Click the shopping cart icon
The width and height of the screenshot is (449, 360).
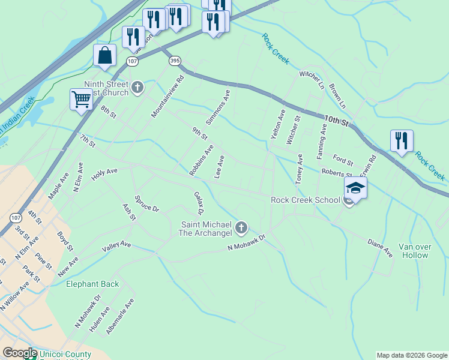81,99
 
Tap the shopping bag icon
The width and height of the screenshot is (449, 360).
104,55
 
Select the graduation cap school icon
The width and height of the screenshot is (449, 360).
355,188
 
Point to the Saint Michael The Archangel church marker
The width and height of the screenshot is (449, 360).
241,227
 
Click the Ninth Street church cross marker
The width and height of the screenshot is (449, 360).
137,88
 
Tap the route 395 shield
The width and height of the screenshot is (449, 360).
175,61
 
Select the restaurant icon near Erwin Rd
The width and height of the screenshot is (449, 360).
402,141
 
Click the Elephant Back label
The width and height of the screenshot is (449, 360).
92,284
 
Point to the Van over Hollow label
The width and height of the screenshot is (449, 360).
414,251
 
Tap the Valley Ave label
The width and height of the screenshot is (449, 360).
116,245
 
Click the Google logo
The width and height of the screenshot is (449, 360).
20,353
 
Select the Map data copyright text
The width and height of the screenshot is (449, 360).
412,355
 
